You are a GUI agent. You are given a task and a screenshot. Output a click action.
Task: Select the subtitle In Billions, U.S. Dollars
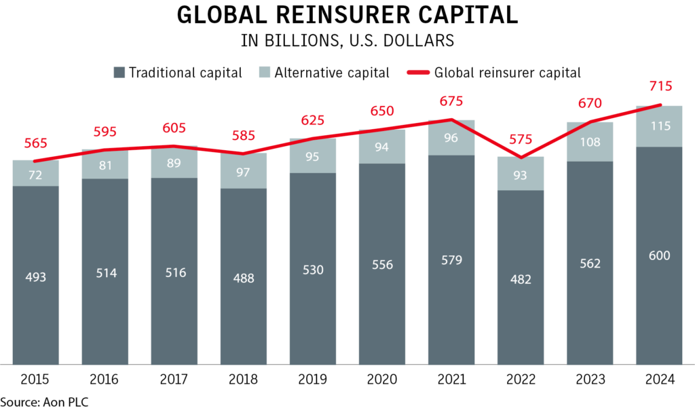coord(347,41)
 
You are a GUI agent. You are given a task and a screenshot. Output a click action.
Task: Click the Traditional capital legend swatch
coord(119,72)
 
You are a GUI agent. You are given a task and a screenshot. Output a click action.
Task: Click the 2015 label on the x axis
coord(35,380)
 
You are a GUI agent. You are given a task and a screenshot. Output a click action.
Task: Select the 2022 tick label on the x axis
coord(520,380)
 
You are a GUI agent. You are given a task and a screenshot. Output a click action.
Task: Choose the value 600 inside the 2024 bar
coord(659,255)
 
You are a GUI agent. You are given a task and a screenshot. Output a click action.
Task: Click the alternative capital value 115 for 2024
coord(659,126)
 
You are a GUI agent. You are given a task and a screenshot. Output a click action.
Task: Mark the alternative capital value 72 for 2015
coord(35,174)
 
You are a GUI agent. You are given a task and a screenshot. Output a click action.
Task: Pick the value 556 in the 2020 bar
coord(381,264)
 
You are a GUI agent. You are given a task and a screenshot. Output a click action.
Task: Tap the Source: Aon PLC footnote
coord(45,402)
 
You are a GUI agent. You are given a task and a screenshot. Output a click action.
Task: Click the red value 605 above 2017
coord(174,128)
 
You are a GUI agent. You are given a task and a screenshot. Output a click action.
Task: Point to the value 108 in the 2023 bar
coord(589,143)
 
